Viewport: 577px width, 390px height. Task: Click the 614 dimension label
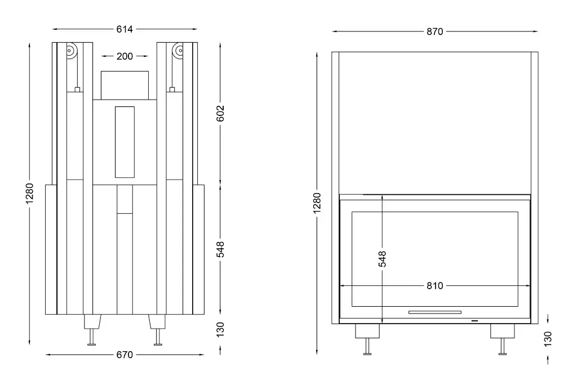[x=125, y=29]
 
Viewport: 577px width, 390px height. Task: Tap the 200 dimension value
[x=125, y=56]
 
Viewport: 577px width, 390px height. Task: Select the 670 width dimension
[x=125, y=355]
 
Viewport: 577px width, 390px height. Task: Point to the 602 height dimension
[x=220, y=113]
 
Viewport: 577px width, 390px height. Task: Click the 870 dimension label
[x=434, y=32]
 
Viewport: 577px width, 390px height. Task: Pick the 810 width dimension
[x=434, y=286]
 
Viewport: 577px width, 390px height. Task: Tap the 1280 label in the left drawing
[x=29, y=194]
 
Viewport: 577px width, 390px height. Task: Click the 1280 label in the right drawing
[x=317, y=203]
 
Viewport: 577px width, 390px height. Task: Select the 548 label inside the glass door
[x=383, y=259]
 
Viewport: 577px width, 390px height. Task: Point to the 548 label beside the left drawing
[x=220, y=249]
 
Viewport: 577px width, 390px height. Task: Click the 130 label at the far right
[x=548, y=339]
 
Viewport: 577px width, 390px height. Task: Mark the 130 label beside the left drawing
[x=220, y=329]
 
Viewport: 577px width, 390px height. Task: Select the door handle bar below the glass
[x=434, y=312]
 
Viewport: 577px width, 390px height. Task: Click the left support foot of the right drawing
[x=367, y=339]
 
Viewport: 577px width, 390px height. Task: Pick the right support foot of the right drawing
[x=502, y=339]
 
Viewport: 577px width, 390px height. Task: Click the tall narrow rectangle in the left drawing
[x=125, y=142]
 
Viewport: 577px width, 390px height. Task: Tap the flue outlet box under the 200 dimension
[x=125, y=86]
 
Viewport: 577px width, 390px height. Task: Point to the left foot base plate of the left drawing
[x=92, y=344]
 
